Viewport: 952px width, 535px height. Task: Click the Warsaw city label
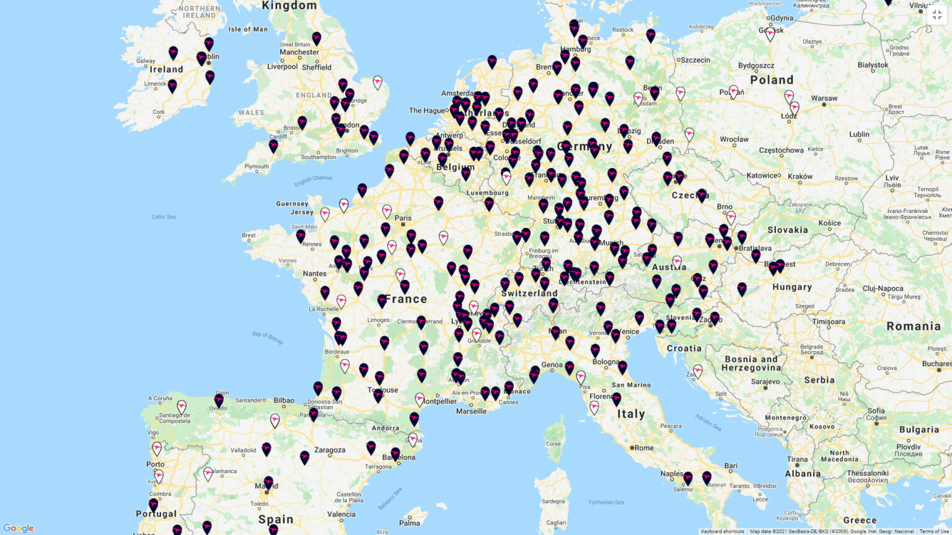coord(824,98)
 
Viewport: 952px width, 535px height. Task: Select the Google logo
coord(19,528)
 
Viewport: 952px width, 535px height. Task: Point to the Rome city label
coord(643,448)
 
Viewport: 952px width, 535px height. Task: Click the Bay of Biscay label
coord(267,337)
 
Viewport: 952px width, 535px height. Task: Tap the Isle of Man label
coord(248,29)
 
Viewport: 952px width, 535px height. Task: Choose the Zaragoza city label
coord(329,450)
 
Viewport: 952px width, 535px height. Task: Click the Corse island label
coord(553,444)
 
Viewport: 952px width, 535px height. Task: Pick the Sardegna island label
coord(553,501)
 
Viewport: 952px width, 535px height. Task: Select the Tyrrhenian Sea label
coord(606,502)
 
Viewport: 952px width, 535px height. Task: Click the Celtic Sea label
coord(164,217)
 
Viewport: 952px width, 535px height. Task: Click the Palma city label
coord(409,523)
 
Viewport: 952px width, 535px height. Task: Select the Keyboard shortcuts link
coord(722,531)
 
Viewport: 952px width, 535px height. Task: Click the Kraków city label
coord(800,176)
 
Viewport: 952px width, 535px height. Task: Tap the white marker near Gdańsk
coord(770,34)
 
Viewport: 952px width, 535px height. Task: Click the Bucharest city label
coord(937,364)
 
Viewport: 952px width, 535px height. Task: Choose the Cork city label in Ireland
coord(159,113)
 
